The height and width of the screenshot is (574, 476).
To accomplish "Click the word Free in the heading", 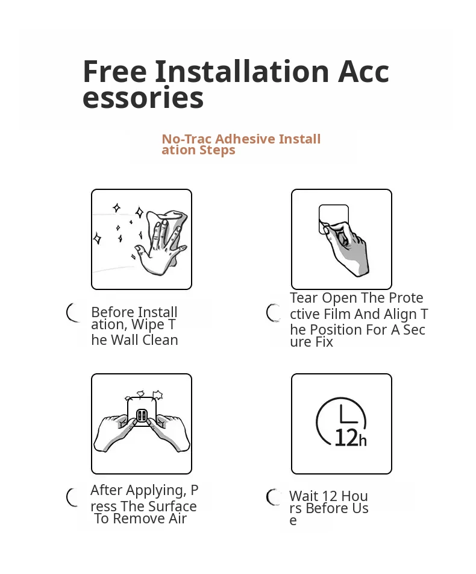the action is tap(114, 71).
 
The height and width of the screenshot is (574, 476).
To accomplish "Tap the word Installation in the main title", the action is tap(242, 71).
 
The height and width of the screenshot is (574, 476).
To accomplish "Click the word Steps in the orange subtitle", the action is tap(217, 150).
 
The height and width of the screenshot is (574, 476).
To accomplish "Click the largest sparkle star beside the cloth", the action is tap(139, 212).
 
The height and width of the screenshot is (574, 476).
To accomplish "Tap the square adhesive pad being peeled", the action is tap(333, 218).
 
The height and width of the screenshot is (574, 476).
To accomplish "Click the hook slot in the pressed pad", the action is tap(142, 415).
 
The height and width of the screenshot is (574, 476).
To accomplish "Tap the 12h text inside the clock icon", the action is tap(351, 438).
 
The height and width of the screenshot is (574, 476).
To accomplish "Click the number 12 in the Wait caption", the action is tap(328, 496).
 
